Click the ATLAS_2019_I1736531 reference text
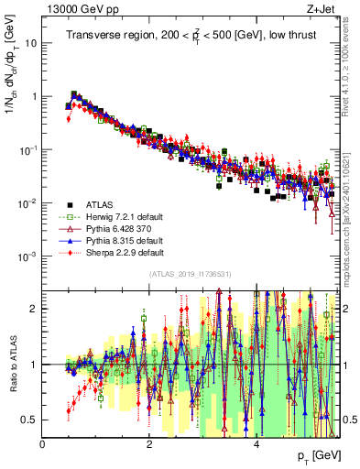191,275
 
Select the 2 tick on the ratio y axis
35,309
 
